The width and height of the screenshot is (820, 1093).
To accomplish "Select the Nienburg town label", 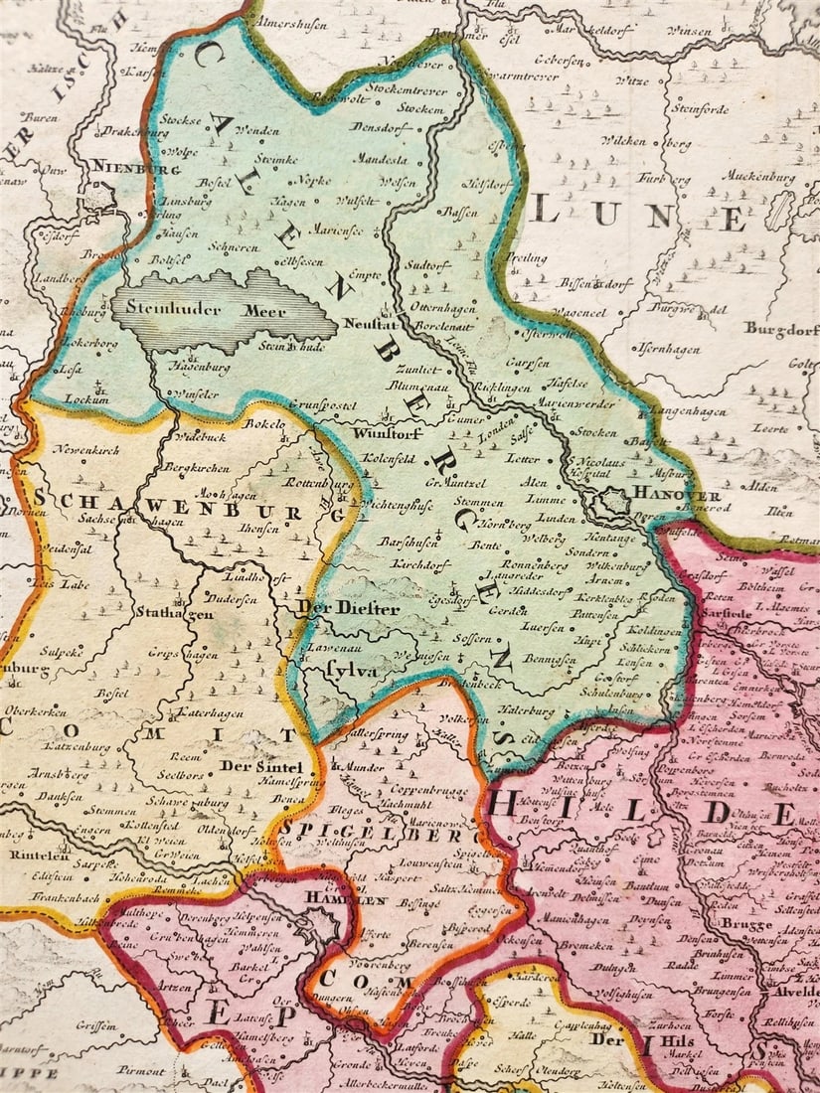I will click(128, 169).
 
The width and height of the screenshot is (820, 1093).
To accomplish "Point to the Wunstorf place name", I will click(384, 433).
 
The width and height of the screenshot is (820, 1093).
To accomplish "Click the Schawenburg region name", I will click(169, 501).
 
